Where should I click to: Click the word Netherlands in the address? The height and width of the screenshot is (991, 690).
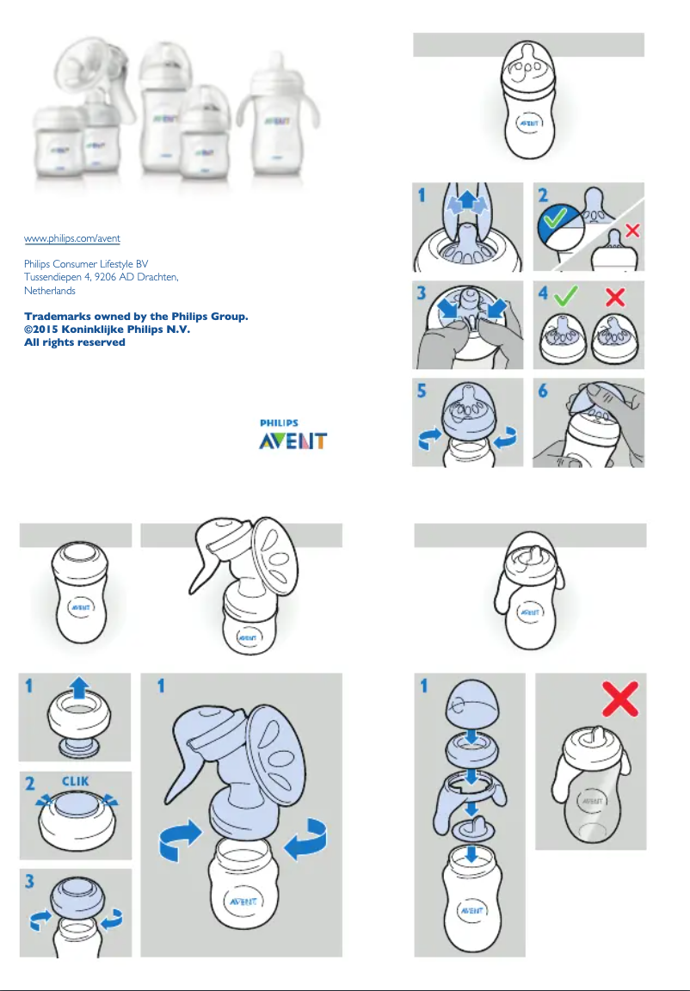point(49,291)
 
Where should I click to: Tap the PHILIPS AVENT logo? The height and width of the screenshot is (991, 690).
point(293,436)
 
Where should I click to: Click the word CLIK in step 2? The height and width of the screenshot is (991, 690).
point(76,781)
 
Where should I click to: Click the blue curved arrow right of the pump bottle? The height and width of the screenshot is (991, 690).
point(306,840)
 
